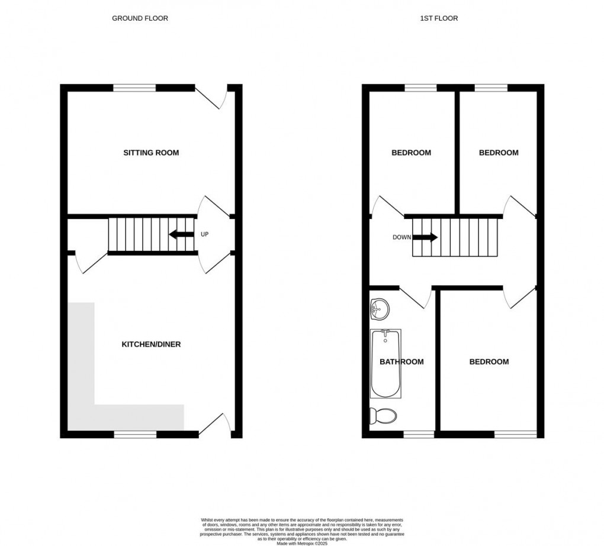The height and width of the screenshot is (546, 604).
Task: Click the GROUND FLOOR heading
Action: [x=140, y=18]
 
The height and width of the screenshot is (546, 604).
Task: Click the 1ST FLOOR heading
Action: [x=439, y=18]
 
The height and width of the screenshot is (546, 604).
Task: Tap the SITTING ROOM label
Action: [x=151, y=153]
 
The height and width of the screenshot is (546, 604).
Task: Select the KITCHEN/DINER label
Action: [x=151, y=344]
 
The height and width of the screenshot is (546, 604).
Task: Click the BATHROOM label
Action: [x=401, y=361]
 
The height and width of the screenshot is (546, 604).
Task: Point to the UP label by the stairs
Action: [x=205, y=234]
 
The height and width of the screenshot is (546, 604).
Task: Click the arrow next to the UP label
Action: [x=181, y=234]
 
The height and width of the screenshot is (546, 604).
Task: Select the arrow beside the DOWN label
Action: [x=425, y=238]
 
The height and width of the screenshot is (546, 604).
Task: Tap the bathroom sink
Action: [x=378, y=308]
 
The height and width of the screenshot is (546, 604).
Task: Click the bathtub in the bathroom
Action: [x=385, y=363]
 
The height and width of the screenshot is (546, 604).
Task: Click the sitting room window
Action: [x=134, y=88]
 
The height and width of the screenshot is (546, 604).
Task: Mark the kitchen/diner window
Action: [x=135, y=435]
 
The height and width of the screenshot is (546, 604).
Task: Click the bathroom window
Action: [x=419, y=435]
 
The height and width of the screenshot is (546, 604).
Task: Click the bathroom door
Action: [x=416, y=297]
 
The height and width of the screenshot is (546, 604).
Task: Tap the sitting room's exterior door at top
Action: [x=210, y=96]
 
